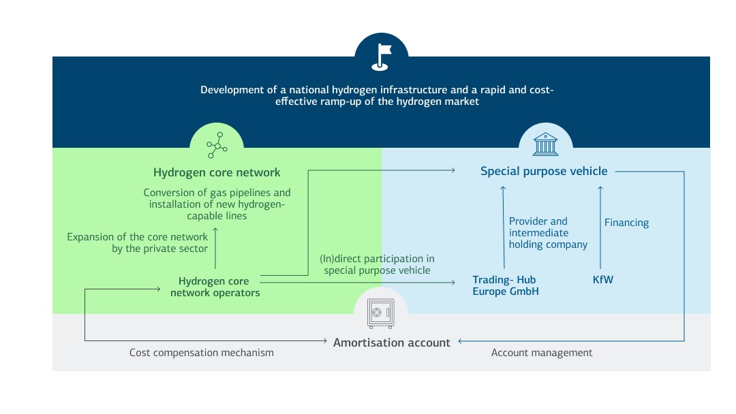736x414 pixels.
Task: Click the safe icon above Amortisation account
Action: (x=380, y=315)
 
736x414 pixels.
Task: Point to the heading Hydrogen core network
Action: (x=217, y=172)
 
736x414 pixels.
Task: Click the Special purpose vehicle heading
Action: (x=543, y=171)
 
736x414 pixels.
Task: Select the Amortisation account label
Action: (x=391, y=343)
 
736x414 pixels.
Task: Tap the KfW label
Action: (x=602, y=280)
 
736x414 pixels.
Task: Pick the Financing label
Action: (x=626, y=223)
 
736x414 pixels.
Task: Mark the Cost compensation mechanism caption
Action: (x=201, y=353)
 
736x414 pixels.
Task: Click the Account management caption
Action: (x=542, y=353)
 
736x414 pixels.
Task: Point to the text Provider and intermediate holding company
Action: (x=547, y=233)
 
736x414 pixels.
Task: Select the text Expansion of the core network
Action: (x=137, y=237)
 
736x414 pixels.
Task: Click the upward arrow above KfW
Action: (x=600, y=227)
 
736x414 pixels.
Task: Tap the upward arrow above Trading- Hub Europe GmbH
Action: (x=503, y=227)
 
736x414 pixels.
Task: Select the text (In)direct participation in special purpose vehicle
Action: (x=377, y=264)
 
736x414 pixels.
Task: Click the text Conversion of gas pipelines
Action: (x=217, y=193)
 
